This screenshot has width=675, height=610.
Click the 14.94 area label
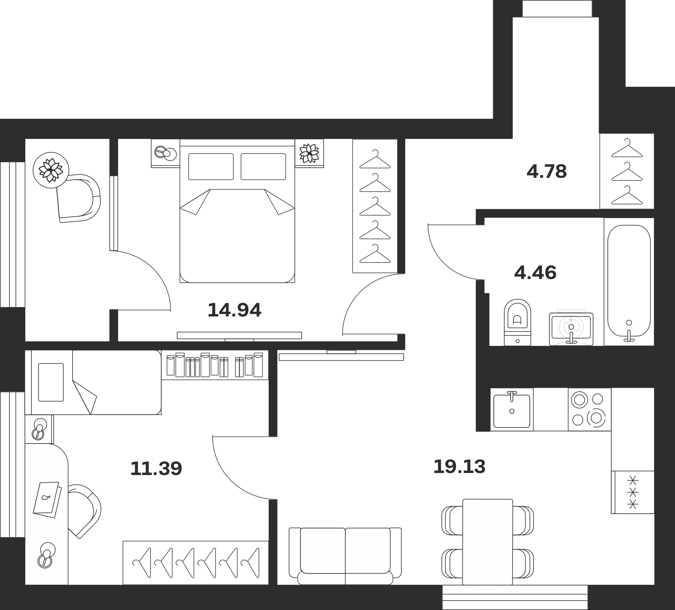click(234, 310)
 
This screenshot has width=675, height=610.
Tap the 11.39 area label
click(156, 468)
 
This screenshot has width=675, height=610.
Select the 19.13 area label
click(459, 467)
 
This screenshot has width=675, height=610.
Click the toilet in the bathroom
click(517, 322)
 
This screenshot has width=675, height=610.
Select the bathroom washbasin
click(571, 329)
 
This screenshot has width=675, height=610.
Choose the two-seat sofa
click(345, 556)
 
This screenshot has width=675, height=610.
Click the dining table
click(488, 542)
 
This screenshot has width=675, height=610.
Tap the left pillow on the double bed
click(211, 167)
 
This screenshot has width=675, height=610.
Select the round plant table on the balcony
click(51, 170)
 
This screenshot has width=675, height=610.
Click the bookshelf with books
click(215, 365)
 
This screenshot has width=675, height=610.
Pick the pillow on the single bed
click(51, 382)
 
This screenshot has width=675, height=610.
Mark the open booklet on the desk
click(47, 500)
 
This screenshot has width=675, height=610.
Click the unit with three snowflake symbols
click(633, 492)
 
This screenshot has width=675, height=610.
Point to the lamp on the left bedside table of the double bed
click(165, 153)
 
